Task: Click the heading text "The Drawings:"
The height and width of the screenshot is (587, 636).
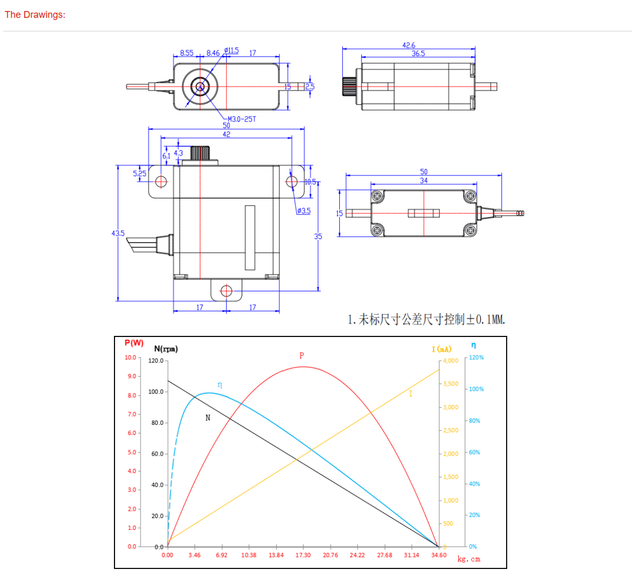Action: coord(35,15)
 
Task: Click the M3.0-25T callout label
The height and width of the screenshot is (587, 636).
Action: coord(242,119)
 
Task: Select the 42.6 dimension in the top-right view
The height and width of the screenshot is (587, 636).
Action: coord(409,46)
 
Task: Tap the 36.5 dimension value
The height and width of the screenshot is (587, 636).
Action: coord(418,54)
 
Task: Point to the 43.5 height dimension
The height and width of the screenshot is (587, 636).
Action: coord(118,233)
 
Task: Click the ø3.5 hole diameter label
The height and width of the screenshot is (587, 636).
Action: coord(304,211)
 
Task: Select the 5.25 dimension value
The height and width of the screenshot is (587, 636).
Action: coord(139,174)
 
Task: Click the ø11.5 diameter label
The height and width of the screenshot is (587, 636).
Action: coord(232,51)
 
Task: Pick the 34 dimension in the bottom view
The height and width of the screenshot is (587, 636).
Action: coord(423,181)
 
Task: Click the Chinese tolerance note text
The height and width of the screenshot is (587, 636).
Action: coord(426,319)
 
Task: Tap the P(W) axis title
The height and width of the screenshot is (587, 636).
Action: coord(134,343)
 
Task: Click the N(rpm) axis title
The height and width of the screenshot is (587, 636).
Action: coord(166,349)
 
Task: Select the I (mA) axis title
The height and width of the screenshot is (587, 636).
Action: coord(441,349)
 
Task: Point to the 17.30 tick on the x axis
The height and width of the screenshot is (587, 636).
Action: coord(303,555)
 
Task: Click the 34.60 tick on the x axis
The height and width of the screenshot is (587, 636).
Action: coord(439,555)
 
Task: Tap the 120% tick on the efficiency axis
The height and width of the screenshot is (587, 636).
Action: coord(476,358)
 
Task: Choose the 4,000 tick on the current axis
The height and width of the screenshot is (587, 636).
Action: coord(450,361)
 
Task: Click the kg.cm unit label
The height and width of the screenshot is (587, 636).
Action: coord(469,559)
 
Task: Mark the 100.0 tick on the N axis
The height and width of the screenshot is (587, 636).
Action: coord(156,392)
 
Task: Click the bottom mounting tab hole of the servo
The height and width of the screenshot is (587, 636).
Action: coord(226,291)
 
